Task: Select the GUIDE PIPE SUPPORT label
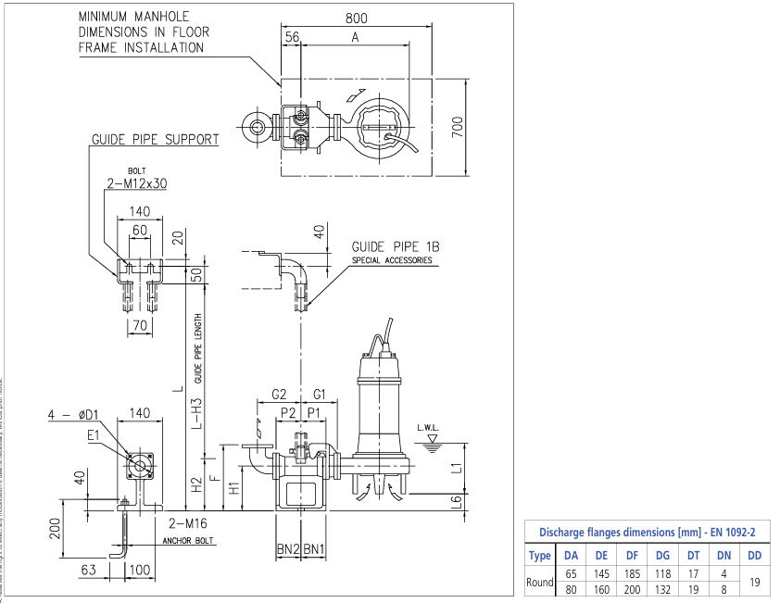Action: pos(155,140)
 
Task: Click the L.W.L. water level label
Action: pos(428,428)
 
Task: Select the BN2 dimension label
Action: pos(287,548)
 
